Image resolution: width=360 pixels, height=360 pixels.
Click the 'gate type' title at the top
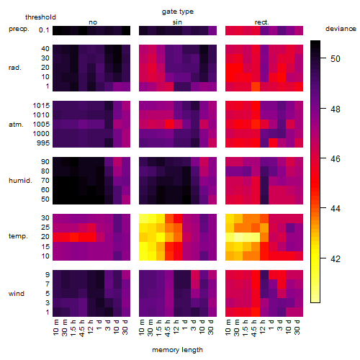178,12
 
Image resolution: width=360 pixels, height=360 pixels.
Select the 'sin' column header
177,22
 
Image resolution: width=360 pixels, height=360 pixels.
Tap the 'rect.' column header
261,22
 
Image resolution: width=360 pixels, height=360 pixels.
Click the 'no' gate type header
93,22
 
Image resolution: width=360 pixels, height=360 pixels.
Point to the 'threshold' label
40,17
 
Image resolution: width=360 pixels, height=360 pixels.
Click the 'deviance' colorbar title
341,29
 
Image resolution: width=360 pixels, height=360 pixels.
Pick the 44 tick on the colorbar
336,208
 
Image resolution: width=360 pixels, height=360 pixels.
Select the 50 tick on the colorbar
336,59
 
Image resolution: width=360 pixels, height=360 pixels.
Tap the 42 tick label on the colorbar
336,258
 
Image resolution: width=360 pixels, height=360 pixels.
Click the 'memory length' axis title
177,350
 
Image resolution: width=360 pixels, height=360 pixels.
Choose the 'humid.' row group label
20,181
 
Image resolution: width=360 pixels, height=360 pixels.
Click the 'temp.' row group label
18,236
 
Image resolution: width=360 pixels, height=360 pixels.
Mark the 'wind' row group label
17,294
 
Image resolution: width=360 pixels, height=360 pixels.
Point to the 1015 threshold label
41,106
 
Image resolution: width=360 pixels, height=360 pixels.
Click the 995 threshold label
43,143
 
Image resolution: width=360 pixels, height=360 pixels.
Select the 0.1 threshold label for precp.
44,30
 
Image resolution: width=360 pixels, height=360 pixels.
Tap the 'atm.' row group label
16,125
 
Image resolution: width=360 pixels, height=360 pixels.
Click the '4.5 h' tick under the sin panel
168,328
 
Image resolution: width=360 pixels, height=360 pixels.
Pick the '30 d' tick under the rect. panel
297,327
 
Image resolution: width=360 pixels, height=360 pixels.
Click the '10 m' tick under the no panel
55,327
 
